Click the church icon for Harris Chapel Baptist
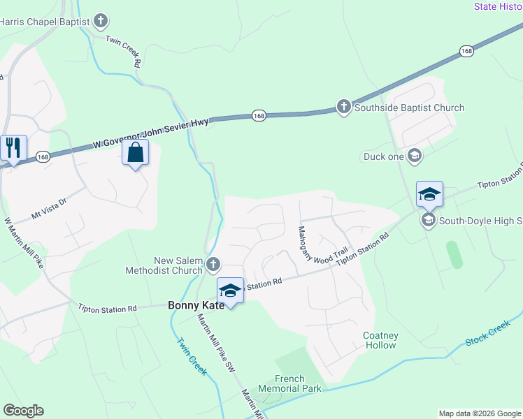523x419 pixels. [x=101, y=21]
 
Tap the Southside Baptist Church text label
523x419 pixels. [x=409, y=108]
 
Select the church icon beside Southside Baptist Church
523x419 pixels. [x=343, y=107]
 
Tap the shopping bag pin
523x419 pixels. [x=136, y=152]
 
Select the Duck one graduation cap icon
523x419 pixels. [x=415, y=156]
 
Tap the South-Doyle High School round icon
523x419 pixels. [x=428, y=221]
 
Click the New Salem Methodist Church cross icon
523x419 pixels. [x=214, y=265]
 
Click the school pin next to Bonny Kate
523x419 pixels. [x=230, y=289]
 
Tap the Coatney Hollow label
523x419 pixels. [x=380, y=340]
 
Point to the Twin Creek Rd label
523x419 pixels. [x=124, y=51]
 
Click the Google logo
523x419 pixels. [x=23, y=411]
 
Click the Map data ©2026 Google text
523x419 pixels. [x=479, y=413]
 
